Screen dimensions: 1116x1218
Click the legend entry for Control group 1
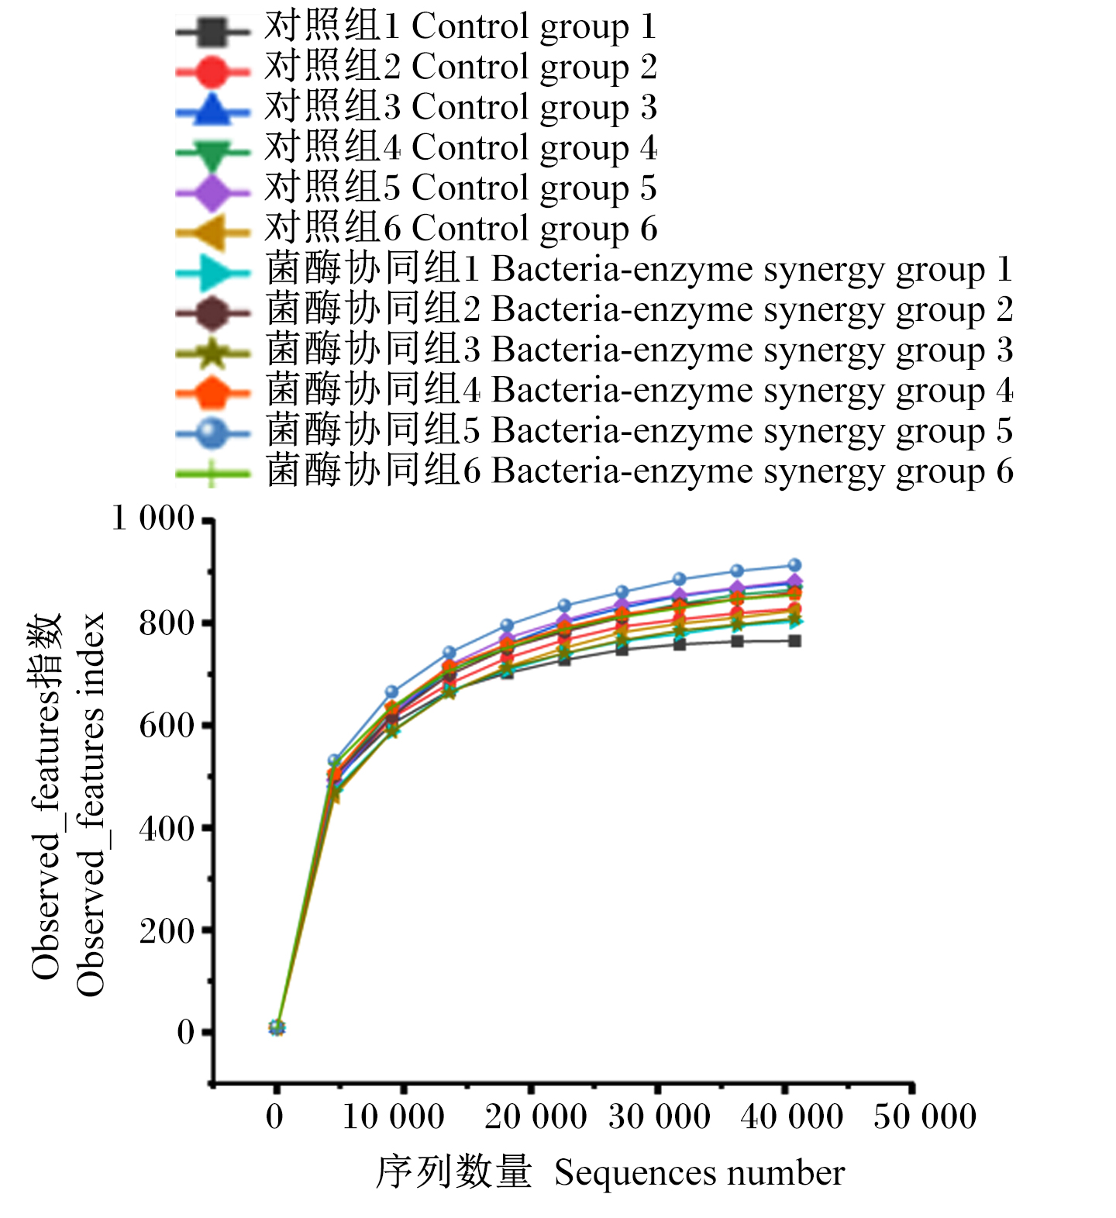[x=461, y=26]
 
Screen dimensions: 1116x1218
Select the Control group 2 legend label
[x=461, y=67]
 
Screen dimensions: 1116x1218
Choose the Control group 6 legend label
[x=461, y=229]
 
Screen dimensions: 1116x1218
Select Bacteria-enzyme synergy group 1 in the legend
[x=639, y=269]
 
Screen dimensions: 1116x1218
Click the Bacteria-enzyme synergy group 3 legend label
[x=639, y=350]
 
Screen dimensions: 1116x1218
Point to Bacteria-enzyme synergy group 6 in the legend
[x=639, y=471]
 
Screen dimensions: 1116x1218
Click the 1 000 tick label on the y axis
[x=153, y=518]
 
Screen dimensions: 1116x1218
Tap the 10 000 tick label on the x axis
[x=393, y=1117]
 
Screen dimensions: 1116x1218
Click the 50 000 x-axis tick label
[x=925, y=1117]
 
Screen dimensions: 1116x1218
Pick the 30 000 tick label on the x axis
[x=660, y=1117]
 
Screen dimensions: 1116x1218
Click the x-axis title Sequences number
[x=699, y=1173]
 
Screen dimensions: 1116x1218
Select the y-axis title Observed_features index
[x=91, y=805]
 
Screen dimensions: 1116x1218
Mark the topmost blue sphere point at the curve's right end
[x=794, y=565]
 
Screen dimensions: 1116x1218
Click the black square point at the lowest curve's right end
[x=794, y=641]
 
